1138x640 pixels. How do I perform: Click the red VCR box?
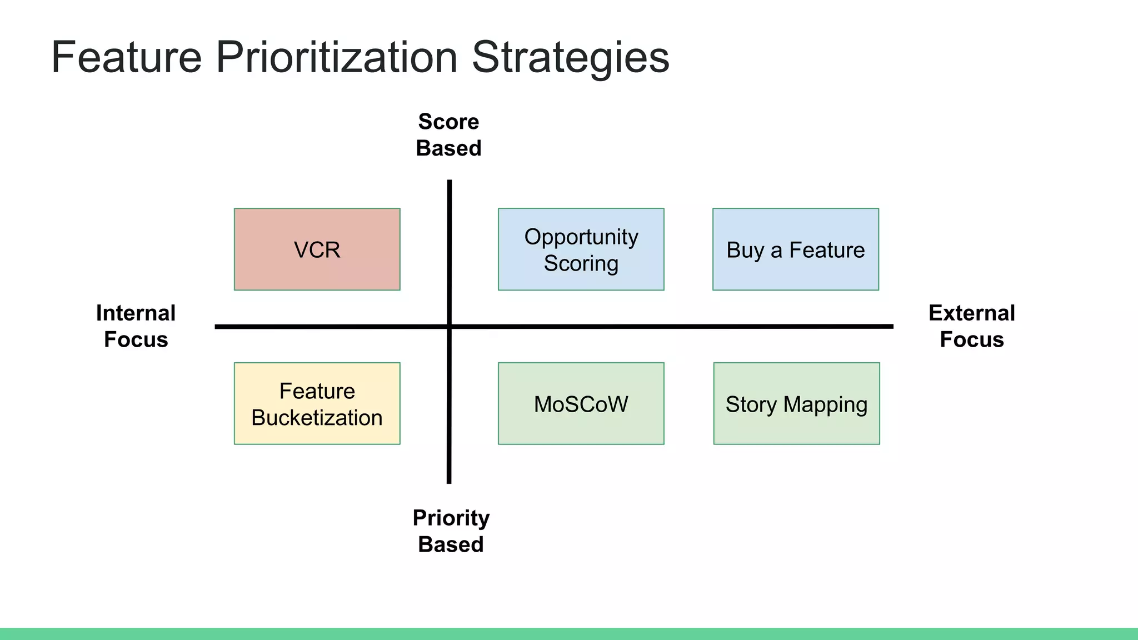317,249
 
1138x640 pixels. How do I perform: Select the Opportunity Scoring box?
581,249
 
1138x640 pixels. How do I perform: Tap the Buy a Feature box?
795,249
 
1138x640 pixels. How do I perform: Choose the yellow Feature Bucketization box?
317,404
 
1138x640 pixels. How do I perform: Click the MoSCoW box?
581,404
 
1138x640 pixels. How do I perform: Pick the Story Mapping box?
796,404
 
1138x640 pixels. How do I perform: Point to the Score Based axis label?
448,135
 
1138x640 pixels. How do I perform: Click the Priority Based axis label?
451,531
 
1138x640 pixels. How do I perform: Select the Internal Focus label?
136,326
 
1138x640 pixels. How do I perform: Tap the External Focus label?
971,326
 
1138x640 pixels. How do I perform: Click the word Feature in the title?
126,57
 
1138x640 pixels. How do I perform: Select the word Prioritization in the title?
336,57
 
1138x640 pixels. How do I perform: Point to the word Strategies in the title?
570,57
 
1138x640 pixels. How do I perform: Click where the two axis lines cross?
449,327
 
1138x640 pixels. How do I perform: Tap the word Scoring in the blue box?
581,263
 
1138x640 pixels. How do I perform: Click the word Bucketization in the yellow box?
317,418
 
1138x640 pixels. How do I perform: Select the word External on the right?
971,313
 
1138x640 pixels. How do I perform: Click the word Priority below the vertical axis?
451,518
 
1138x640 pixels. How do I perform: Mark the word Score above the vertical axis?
448,122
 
